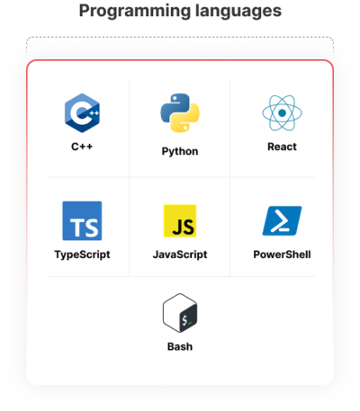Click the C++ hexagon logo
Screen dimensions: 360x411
coord(82,113)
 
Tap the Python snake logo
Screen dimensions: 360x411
coord(180,113)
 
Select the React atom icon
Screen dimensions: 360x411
coord(282,113)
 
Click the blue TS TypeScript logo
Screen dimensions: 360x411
coord(82,221)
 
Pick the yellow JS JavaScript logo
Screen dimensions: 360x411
coord(180,221)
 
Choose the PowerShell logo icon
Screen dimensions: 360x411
coord(282,221)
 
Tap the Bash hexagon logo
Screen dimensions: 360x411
coord(180,313)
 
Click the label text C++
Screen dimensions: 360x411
coord(82,147)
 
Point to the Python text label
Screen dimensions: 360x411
coord(180,151)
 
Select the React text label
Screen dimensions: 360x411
coord(282,147)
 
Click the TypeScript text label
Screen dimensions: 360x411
coord(82,255)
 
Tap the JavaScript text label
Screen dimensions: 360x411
coord(180,255)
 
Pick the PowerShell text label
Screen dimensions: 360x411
coord(282,255)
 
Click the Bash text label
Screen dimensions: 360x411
coord(180,346)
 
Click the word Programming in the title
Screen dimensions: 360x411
coord(135,12)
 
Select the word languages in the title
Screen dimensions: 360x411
coord(238,12)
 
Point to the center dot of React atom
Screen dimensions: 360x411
coord(282,113)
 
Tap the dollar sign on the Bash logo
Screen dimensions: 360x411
coord(184,320)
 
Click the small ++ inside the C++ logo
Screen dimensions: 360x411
coord(94,113)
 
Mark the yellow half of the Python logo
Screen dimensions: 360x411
coord(187,120)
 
